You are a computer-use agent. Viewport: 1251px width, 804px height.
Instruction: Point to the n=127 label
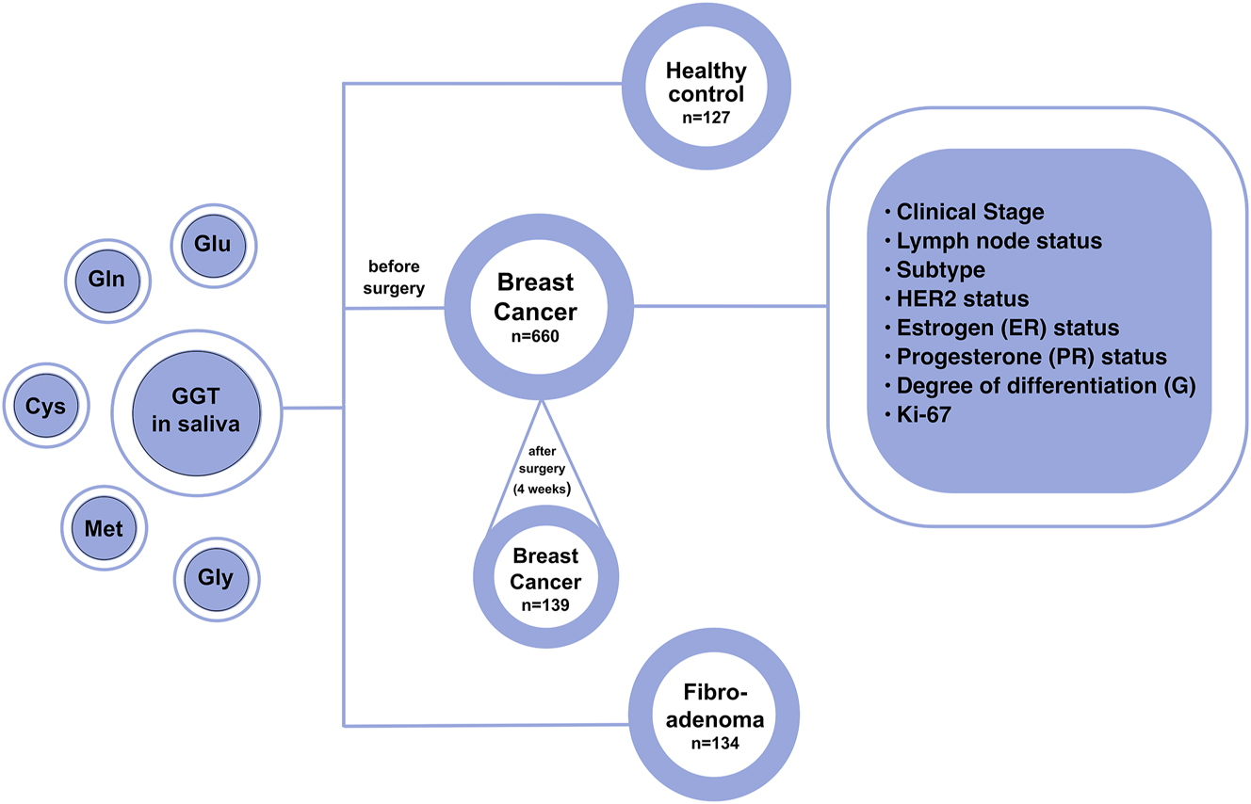[x=705, y=120]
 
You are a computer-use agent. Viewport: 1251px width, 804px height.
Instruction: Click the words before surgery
[x=394, y=278]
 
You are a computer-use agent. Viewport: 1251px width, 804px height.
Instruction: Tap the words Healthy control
[x=705, y=83]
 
